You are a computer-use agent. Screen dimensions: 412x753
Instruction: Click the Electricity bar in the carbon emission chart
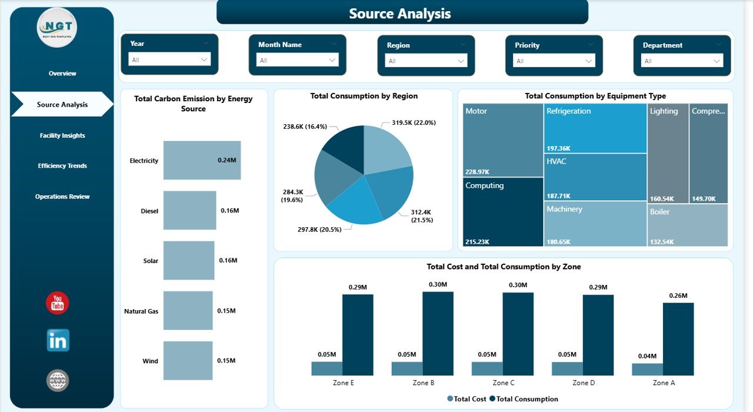pyautogui.click(x=202, y=160)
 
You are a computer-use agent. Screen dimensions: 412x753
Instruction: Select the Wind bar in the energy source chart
pyautogui.click(x=189, y=361)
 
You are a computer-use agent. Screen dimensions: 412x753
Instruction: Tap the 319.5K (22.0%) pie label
pyautogui.click(x=413, y=122)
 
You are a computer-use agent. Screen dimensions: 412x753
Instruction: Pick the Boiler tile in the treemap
pyautogui.click(x=688, y=225)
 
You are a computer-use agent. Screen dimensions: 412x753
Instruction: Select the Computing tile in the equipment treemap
pyautogui.click(x=503, y=212)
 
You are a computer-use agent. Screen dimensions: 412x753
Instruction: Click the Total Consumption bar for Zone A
pyautogui.click(x=678, y=339)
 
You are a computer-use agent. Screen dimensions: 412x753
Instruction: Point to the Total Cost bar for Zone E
pyautogui.click(x=326, y=368)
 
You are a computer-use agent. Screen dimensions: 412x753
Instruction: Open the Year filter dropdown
pyautogui.click(x=169, y=59)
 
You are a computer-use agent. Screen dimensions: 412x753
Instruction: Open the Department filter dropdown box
pyautogui.click(x=682, y=61)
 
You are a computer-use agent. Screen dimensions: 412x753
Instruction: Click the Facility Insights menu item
pyautogui.click(x=62, y=135)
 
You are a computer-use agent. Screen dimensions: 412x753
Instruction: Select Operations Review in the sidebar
pyautogui.click(x=62, y=197)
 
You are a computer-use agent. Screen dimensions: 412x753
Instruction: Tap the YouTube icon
pyautogui.click(x=58, y=303)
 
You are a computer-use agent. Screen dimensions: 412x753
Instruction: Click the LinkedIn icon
pyautogui.click(x=58, y=340)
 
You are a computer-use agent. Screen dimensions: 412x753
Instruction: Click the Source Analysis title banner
pyautogui.click(x=402, y=13)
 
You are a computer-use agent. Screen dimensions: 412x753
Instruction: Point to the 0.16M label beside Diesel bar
pyautogui.click(x=229, y=211)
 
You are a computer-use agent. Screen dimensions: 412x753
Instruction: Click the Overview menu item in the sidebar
pyautogui.click(x=62, y=74)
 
